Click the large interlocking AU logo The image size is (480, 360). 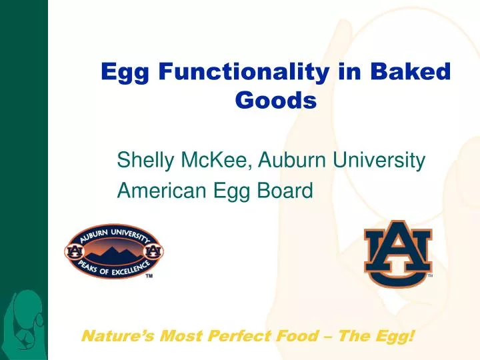point(397,253)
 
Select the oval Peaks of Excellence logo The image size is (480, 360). point(113,251)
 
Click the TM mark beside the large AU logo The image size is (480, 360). point(431,275)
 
